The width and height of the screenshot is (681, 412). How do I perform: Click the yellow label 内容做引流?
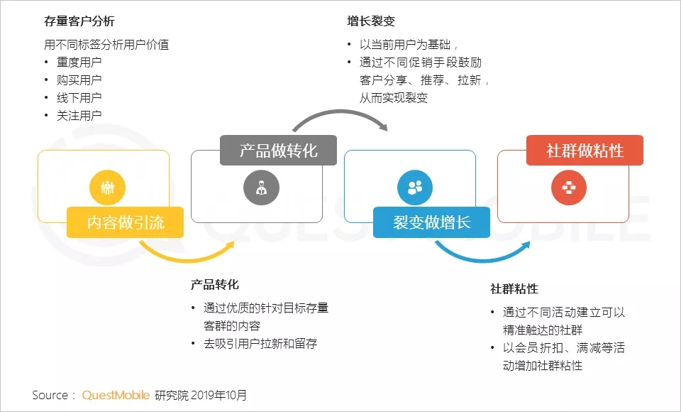125,222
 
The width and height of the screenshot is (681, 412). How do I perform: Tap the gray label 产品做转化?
278,151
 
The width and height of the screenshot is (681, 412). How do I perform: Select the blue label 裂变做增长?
432,222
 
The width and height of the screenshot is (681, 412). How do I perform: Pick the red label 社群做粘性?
585,151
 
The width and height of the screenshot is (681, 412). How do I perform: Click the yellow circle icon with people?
107,188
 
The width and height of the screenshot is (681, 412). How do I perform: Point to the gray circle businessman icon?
262,188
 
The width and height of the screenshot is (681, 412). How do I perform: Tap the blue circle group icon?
415,188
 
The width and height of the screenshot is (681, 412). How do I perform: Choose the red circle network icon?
568,188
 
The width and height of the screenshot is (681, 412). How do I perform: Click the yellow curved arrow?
187,260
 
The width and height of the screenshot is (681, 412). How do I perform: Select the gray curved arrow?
339,112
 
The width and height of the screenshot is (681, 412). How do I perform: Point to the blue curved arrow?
482,259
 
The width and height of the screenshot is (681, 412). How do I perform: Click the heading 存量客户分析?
79,21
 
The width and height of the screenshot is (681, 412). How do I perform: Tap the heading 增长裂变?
371,21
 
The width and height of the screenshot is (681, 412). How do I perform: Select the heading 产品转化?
214,285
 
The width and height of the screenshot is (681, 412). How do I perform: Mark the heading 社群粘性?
514,289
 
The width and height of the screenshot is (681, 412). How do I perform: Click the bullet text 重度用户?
79,63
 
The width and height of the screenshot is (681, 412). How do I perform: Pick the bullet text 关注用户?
79,116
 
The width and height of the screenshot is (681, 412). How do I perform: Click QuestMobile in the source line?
116,395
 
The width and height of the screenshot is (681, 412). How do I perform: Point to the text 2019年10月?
219,395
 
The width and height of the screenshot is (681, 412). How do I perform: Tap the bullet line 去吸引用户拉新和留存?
260,344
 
